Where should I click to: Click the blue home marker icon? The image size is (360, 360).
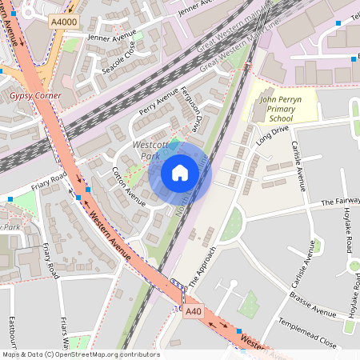point(180,173)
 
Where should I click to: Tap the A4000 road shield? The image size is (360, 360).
point(63,22)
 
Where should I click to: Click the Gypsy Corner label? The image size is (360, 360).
point(35,95)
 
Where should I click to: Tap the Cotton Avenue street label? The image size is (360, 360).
point(128,186)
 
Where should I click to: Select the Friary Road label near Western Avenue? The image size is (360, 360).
point(49,182)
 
